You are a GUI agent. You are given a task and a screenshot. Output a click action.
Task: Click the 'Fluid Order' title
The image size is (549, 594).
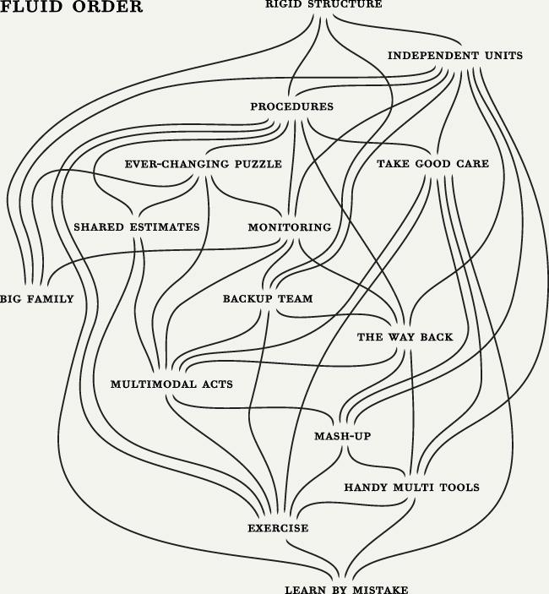point(71,7)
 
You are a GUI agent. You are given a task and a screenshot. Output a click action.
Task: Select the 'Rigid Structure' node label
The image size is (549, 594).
point(323,4)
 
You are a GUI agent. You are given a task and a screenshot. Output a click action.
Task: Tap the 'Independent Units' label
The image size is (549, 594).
point(455,56)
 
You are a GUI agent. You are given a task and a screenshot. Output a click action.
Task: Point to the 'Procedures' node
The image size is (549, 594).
point(292,106)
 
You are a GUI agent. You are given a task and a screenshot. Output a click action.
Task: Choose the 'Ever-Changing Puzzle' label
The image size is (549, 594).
point(204,164)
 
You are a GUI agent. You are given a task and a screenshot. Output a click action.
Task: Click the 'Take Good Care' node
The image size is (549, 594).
point(432,164)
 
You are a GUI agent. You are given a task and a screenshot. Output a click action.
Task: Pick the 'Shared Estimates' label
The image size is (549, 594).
point(137,227)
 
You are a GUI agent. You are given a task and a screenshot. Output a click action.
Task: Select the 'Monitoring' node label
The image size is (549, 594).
point(290,227)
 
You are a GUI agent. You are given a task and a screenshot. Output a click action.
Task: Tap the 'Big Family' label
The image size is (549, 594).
point(36,299)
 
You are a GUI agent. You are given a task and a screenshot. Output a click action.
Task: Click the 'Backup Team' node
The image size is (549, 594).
point(268,298)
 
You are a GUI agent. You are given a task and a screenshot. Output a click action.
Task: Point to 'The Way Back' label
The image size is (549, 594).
point(405,337)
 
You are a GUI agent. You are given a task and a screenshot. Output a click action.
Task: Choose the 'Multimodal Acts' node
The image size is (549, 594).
point(171,384)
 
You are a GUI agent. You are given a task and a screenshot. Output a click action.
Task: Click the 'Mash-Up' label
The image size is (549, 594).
point(343,436)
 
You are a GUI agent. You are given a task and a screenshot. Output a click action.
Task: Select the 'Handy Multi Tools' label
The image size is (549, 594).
point(412,488)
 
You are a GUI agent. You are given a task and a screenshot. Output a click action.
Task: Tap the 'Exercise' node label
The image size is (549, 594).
point(278,528)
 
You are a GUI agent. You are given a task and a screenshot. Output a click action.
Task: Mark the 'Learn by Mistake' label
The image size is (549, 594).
point(346,590)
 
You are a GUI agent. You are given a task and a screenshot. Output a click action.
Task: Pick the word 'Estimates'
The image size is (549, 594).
point(165,227)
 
